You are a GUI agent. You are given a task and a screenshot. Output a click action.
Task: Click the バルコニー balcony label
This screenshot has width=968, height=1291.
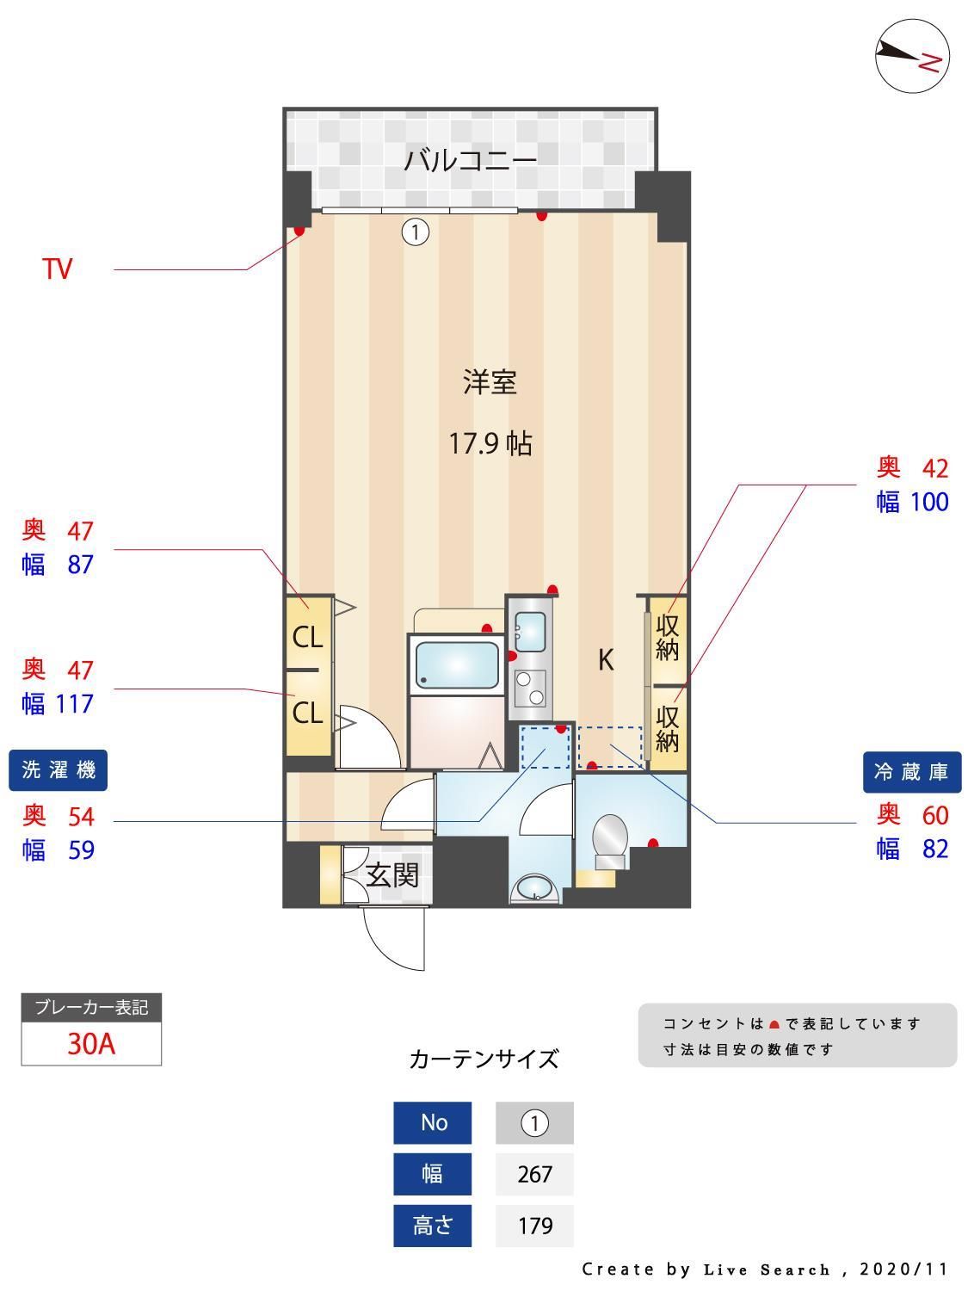coord(471,160)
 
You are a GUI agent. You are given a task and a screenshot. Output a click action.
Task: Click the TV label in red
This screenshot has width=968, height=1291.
coord(58,269)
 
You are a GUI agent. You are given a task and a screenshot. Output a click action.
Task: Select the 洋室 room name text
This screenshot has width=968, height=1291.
coord(490,382)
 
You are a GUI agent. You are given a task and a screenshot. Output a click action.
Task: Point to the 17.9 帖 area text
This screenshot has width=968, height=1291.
coord(490,444)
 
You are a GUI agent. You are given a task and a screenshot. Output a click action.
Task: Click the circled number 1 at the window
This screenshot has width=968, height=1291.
coord(416,232)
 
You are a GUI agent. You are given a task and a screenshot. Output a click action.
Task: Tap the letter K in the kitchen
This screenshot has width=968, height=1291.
coord(606,661)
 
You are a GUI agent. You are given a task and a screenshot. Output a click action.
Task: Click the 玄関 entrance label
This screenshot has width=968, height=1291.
coord(392,875)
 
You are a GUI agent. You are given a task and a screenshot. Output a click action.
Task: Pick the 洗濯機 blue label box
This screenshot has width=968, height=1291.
coord(59,770)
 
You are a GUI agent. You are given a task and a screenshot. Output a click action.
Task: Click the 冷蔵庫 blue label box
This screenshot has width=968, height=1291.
coord(911,772)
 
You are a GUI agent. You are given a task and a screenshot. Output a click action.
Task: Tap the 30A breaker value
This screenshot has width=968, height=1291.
coord(91,1044)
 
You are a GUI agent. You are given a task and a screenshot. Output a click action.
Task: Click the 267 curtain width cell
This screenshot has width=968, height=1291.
coord(534,1174)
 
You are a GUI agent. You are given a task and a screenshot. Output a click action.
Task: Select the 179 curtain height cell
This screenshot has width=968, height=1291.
coord(534,1226)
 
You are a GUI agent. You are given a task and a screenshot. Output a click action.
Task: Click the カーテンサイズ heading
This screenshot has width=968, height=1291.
coord(484,1059)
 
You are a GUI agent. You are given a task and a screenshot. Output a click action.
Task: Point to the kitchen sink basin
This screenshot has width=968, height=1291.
coord(529,633)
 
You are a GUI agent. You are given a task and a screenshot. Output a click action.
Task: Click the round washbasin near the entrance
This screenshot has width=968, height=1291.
coord(534,889)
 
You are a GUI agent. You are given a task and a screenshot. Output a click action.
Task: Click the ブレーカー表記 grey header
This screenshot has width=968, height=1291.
coord(91,1007)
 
